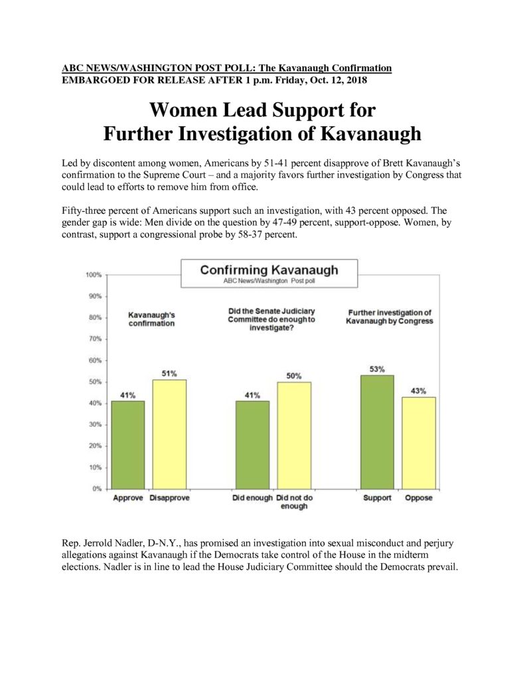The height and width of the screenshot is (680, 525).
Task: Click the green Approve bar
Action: (128, 444)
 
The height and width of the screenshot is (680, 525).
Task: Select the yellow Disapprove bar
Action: (169, 434)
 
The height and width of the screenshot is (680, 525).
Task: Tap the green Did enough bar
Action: (252, 444)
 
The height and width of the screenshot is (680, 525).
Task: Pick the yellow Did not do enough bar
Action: (294, 435)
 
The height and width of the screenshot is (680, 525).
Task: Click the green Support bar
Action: (377, 432)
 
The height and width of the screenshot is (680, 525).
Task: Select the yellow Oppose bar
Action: (419, 443)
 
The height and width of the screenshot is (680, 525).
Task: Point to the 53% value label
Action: (377, 369)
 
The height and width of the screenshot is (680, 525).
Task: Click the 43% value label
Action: (418, 390)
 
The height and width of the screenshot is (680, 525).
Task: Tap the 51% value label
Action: (169, 373)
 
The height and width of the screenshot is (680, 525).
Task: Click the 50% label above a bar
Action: (294, 376)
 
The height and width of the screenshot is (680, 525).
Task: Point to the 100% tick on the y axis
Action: (94, 275)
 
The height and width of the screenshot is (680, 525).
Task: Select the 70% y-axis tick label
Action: (95, 339)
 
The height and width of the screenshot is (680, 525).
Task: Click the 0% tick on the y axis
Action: (97, 489)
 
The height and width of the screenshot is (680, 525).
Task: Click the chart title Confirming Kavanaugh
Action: (269, 270)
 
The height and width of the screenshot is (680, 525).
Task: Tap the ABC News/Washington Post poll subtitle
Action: (269, 281)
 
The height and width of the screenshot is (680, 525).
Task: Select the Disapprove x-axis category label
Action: (169, 498)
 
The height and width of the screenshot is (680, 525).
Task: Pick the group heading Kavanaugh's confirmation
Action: (151, 319)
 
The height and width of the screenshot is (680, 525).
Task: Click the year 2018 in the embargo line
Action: (357, 80)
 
